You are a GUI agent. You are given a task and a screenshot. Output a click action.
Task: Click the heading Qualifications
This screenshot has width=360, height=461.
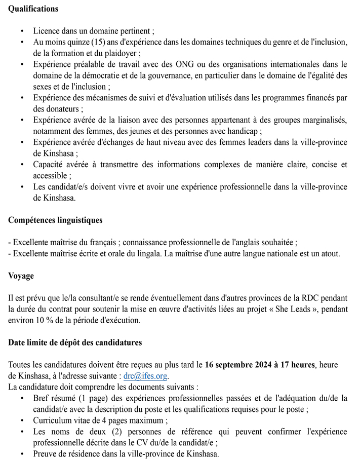(33, 9)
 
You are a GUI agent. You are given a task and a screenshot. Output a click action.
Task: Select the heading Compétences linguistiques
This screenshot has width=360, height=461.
(55, 220)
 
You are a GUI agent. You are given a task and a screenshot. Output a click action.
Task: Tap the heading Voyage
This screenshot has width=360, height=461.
(21, 276)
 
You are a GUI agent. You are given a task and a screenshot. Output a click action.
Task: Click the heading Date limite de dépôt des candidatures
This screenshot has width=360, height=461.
(75, 342)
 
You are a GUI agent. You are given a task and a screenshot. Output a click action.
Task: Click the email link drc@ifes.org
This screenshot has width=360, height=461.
(146, 376)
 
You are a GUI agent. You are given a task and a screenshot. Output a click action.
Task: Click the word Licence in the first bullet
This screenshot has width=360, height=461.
(47, 31)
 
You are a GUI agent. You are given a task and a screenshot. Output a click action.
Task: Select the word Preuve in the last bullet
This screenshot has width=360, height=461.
(46, 454)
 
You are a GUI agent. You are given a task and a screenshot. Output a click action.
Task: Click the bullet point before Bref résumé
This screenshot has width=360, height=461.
(22, 399)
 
